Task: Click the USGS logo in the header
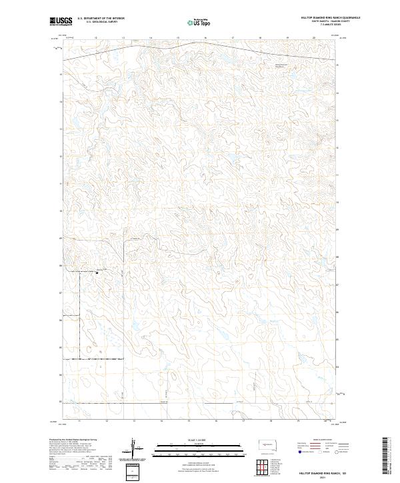coord(59,21)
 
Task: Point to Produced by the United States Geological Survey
coord(74,440)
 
